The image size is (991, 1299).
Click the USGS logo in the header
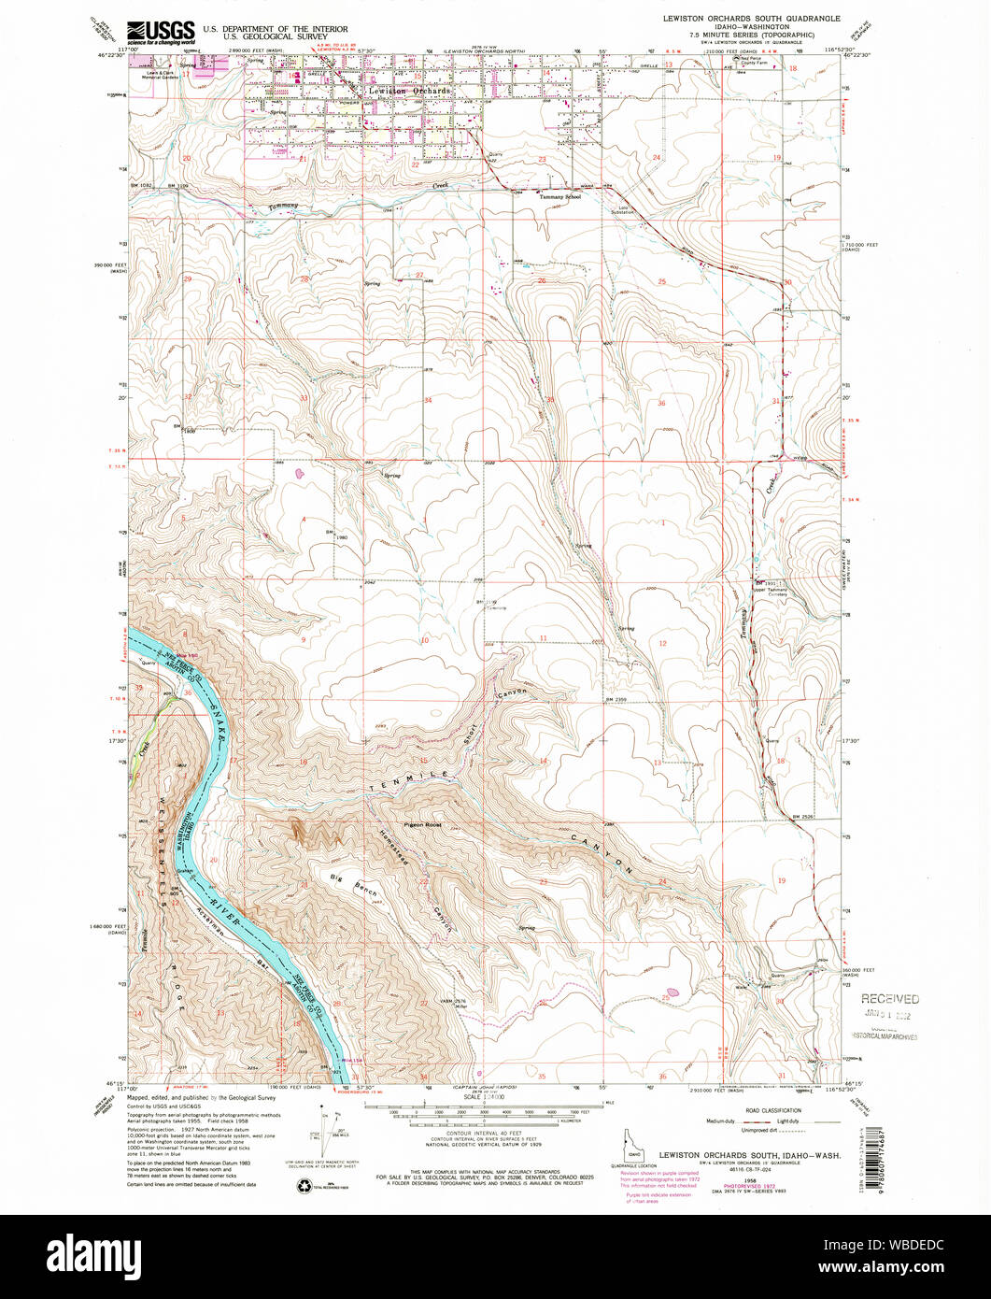(x=162, y=32)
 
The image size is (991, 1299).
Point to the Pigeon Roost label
(x=422, y=825)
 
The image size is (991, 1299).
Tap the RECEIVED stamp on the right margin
(x=889, y=999)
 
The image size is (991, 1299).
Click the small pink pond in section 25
(x=671, y=993)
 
